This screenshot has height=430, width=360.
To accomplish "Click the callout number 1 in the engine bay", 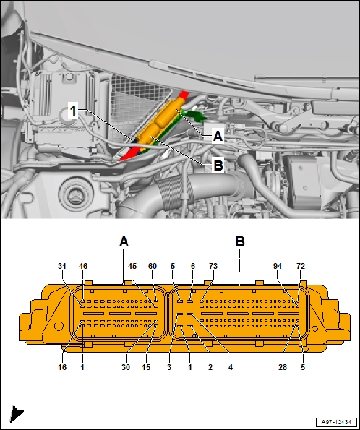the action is (73, 111).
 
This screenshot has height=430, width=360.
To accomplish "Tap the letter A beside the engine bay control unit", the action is (218, 136).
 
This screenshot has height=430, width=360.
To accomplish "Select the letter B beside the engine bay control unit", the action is (218, 165).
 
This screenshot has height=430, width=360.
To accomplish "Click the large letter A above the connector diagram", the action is (124, 242).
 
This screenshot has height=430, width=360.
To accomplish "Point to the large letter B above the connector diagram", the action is (240, 242).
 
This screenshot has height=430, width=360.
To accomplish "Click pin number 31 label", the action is (62, 266).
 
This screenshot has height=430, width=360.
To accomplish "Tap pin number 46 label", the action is (83, 266).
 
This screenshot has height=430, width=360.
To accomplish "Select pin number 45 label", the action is (132, 266).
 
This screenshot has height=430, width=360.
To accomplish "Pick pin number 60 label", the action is (153, 266).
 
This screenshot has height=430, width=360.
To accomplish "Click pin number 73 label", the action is (213, 266).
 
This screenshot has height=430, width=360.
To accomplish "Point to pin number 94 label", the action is (278, 266).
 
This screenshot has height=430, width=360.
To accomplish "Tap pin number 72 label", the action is (301, 266).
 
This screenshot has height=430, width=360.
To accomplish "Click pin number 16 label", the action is (62, 367).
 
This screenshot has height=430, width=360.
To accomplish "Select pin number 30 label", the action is (126, 367).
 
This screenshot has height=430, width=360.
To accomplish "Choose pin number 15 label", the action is (146, 367).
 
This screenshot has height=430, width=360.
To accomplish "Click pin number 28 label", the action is (283, 367).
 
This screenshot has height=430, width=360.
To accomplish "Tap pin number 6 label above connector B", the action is (193, 266).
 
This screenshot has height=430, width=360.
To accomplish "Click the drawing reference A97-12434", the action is (336, 422).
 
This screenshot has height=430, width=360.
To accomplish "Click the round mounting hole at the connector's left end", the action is (59, 326).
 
